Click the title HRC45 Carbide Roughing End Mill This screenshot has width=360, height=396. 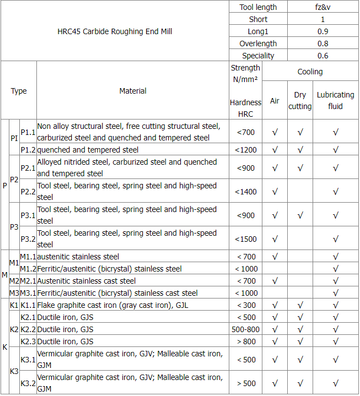click(x=115, y=31)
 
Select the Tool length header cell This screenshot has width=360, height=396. click(x=258, y=7)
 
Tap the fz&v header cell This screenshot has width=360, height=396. click(x=323, y=7)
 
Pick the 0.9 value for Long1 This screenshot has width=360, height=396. click(x=323, y=31)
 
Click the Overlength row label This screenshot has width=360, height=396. click(x=258, y=44)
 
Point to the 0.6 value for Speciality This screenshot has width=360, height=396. click(x=323, y=56)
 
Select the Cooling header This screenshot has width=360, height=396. click(x=310, y=72)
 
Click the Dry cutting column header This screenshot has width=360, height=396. click(x=300, y=101)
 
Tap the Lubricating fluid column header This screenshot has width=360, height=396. click(x=335, y=101)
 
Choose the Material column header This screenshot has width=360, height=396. click(x=133, y=91)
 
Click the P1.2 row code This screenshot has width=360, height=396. click(x=28, y=150)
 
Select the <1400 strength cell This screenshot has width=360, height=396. click(x=246, y=192)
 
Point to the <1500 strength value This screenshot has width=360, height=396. click(x=246, y=239)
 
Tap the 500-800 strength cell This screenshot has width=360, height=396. click(x=246, y=329)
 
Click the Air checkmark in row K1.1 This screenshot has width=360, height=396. click(x=275, y=305)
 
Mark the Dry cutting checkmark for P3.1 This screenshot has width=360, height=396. click(x=300, y=215)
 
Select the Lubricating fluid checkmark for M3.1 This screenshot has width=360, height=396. click(x=335, y=293)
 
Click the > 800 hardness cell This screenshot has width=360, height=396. click(x=246, y=341)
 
